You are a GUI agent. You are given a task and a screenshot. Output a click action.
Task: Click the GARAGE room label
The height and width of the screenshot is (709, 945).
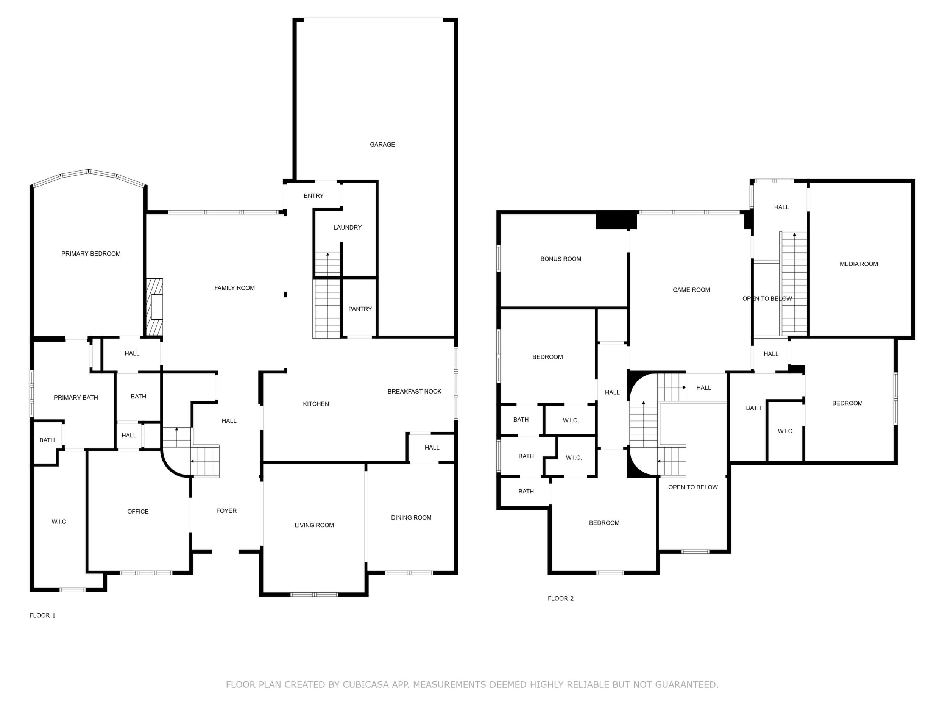click(382, 144)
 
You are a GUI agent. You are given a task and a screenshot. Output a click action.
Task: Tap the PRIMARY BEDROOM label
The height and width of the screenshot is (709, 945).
click(91, 254)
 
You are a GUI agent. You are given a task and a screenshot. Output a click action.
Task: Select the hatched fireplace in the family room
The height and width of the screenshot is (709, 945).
click(154, 307)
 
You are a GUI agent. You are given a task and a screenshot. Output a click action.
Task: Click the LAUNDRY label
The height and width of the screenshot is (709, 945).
click(347, 227)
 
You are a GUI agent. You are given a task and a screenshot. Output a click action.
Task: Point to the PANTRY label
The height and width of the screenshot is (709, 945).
click(360, 309)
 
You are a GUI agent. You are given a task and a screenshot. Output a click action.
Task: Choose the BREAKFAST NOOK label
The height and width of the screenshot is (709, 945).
click(415, 392)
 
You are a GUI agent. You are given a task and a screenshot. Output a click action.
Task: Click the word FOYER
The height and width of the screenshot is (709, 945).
click(226, 511)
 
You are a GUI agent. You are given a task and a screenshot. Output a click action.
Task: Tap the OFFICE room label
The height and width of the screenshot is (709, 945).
click(138, 512)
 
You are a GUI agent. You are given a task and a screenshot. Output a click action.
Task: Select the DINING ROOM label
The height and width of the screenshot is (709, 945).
click(412, 517)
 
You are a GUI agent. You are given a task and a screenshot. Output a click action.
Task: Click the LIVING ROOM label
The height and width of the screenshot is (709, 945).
click(314, 525)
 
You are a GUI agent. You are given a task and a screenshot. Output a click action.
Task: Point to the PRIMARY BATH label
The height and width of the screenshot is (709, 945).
click(76, 397)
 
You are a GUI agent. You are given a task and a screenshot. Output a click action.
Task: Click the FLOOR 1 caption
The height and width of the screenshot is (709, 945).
click(43, 615)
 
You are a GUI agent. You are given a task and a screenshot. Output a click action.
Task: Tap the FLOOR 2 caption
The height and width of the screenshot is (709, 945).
click(561, 598)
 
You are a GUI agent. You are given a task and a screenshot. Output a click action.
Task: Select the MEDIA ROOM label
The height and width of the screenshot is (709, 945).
click(859, 264)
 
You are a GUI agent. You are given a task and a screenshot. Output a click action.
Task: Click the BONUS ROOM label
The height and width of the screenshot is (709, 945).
click(561, 259)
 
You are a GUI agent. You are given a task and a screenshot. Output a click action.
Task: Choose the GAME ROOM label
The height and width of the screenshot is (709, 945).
click(691, 290)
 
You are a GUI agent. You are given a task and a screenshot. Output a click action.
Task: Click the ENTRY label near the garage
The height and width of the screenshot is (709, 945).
click(313, 196)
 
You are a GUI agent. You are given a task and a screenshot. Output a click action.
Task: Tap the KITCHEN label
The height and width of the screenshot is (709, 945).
click(316, 404)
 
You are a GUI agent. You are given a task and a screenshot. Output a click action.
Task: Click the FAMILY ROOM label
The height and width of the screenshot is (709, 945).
click(234, 288)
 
